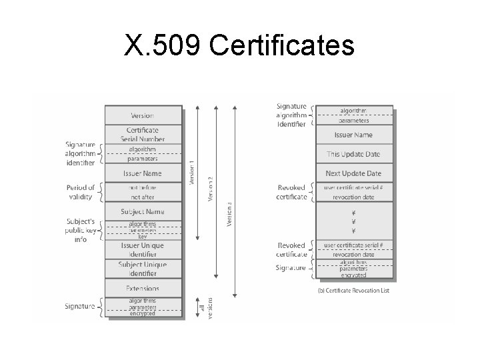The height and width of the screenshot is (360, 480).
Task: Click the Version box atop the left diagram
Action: [x=142, y=115]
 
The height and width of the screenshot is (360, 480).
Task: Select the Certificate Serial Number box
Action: [x=142, y=134]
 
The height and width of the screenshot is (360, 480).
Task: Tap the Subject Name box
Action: [x=142, y=212]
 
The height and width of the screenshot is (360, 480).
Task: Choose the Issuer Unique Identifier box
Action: [x=142, y=249]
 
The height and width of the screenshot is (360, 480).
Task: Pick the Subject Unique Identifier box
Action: [x=142, y=269]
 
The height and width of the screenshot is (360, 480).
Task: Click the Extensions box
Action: [x=142, y=289]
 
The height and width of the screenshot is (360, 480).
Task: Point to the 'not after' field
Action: [x=142, y=197]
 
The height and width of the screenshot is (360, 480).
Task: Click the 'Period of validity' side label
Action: [x=81, y=192]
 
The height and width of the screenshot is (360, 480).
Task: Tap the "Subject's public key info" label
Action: [x=81, y=230]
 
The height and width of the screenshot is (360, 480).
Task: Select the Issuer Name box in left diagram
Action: [x=142, y=173]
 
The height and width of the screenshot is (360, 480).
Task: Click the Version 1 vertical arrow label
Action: [x=193, y=173]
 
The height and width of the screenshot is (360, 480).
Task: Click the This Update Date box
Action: [x=353, y=154]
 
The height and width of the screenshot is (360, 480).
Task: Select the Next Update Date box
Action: [x=353, y=173]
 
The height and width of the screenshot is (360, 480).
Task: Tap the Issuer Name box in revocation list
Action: [x=353, y=135]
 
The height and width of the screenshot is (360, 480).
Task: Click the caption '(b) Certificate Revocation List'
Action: [x=353, y=290]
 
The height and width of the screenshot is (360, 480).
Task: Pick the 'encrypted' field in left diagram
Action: [x=142, y=313]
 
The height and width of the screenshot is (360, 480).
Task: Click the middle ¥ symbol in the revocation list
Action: [x=353, y=223]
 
